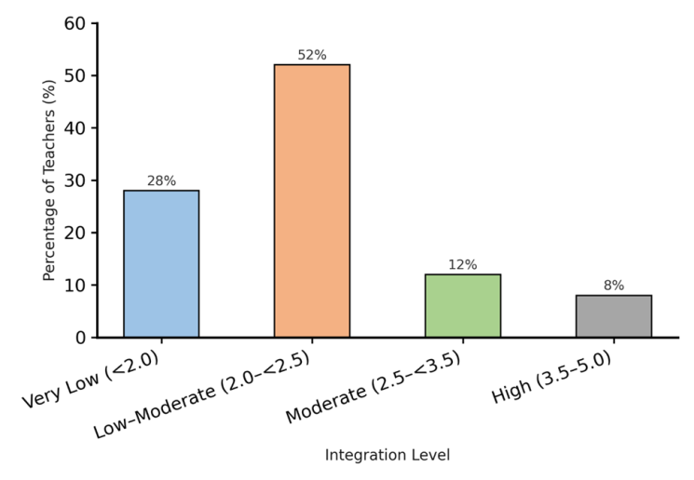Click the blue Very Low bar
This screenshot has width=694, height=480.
(x=161, y=263)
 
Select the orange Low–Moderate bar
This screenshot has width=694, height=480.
(x=312, y=200)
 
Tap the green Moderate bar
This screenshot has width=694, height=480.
(x=462, y=305)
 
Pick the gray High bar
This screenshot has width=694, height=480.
(x=613, y=316)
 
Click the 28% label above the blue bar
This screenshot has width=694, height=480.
(x=161, y=180)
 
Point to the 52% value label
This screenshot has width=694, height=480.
(x=312, y=55)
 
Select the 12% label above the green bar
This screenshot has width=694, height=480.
(x=462, y=264)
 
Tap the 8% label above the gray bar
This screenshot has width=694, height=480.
(x=613, y=286)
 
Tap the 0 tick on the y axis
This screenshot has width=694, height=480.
(x=81, y=337)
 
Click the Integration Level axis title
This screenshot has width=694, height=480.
(x=387, y=456)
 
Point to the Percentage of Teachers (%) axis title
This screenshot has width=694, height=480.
(x=49, y=180)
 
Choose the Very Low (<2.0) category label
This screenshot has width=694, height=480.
(x=94, y=378)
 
